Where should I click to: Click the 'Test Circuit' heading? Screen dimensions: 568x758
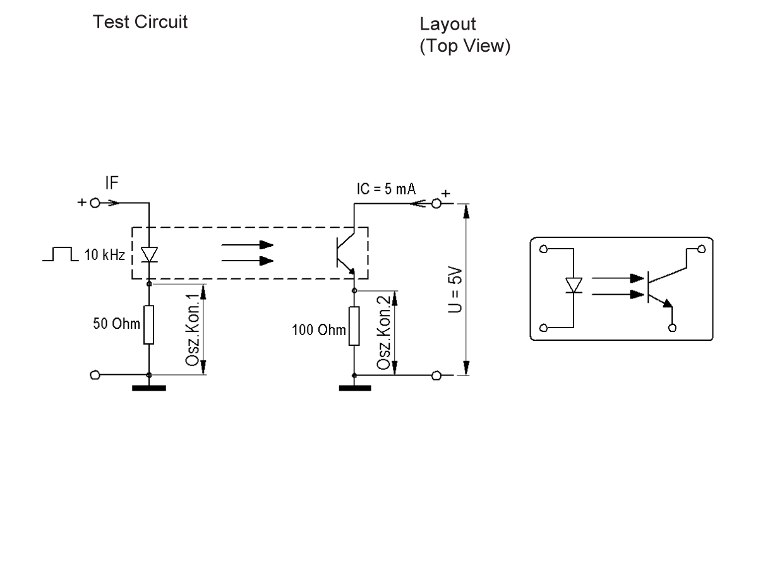[x=140, y=23]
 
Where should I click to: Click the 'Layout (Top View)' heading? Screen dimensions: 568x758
[x=464, y=36]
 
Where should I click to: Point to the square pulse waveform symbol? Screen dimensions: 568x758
[x=58, y=254]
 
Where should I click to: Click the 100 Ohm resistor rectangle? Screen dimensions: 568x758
[x=354, y=326]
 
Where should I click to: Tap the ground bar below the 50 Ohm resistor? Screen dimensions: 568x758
[x=148, y=388]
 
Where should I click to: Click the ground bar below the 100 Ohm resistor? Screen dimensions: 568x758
[x=354, y=388]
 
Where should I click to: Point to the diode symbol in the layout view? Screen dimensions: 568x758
[x=574, y=286]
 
